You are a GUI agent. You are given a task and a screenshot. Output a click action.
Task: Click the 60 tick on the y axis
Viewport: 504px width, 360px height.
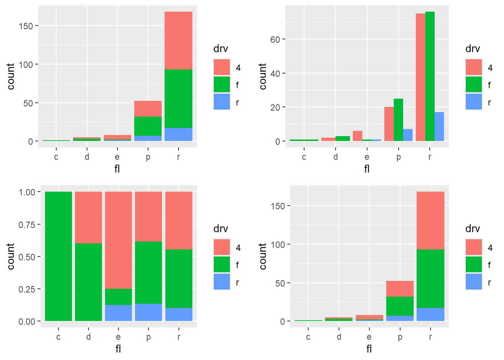(275, 39)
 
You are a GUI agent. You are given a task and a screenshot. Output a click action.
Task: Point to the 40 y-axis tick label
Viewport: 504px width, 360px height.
(275, 73)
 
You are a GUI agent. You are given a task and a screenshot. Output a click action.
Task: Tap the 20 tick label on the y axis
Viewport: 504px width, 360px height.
(275, 108)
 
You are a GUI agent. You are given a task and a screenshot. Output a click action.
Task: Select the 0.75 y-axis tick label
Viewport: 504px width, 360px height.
(27, 225)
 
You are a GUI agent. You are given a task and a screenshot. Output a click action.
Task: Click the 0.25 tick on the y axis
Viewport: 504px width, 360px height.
(27, 289)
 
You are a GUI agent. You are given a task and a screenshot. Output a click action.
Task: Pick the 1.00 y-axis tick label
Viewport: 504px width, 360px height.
(27, 192)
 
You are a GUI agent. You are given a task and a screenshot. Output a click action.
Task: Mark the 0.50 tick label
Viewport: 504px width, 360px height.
(27, 257)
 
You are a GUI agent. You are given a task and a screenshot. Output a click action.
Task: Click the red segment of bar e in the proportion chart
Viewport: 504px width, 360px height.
(118, 240)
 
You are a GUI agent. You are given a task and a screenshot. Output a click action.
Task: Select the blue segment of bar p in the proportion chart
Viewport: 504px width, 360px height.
(148, 312)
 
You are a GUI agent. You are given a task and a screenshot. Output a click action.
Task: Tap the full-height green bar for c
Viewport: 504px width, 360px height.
(58, 256)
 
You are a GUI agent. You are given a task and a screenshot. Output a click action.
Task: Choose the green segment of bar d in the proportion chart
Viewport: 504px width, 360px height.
(88, 282)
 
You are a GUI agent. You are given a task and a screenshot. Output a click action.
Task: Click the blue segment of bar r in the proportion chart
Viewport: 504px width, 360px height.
(179, 314)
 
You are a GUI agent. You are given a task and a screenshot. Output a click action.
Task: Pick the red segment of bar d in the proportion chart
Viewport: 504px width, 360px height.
(88, 217)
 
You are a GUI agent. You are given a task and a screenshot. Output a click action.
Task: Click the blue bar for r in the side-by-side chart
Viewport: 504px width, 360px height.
(439, 127)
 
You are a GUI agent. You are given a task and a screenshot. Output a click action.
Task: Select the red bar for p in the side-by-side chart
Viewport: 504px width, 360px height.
(389, 124)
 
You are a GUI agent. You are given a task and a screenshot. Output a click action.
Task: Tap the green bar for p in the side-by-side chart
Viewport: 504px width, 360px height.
(398, 120)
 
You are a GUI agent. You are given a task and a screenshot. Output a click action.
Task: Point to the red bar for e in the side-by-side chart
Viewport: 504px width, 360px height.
(357, 136)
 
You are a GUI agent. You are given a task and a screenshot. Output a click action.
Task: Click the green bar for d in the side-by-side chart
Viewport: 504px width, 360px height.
(343, 139)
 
